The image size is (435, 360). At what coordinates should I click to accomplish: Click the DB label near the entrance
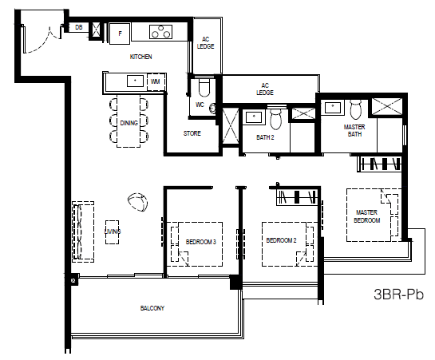click(x=79, y=27)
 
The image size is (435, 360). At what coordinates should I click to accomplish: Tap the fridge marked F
click(x=120, y=34)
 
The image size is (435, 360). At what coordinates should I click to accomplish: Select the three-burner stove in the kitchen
click(x=160, y=32)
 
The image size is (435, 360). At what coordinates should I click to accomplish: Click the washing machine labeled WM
click(x=156, y=81)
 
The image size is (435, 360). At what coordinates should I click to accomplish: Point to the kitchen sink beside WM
click(x=135, y=81)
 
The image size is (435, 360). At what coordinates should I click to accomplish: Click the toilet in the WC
click(x=204, y=87)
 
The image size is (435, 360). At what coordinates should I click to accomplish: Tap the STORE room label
click(x=192, y=133)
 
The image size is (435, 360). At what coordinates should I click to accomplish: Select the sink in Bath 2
click(x=254, y=117)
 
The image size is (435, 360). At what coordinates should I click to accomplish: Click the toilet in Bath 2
click(x=276, y=117)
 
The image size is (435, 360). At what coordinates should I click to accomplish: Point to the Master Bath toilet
click(x=356, y=109)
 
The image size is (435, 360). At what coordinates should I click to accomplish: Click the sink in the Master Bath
click(x=333, y=106)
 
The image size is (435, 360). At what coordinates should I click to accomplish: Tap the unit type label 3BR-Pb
click(x=398, y=294)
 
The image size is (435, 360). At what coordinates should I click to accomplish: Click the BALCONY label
click(x=152, y=308)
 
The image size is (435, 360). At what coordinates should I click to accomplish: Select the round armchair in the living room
click(x=137, y=202)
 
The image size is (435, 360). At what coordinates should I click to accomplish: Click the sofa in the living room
click(x=83, y=231)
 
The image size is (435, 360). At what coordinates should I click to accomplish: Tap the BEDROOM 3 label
click(x=201, y=242)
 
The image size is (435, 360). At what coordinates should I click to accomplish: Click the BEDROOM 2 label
click(x=281, y=240)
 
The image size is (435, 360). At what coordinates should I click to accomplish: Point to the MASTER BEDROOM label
click(x=366, y=216)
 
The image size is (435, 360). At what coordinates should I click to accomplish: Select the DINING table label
click(x=129, y=123)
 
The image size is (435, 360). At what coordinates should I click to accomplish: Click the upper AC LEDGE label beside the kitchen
click(x=206, y=43)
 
